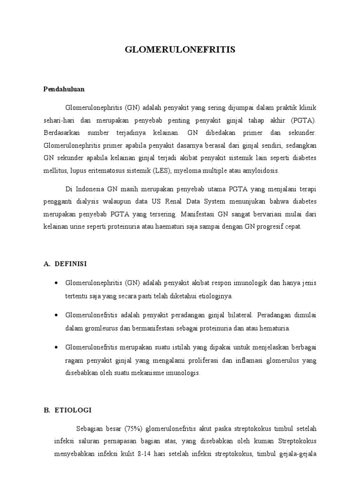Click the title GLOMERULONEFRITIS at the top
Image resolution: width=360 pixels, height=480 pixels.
[x=180, y=50]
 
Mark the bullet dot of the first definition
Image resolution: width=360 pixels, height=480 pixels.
[x=56, y=284]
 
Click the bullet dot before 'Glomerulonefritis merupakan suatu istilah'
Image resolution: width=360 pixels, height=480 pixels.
[x=56, y=347]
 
